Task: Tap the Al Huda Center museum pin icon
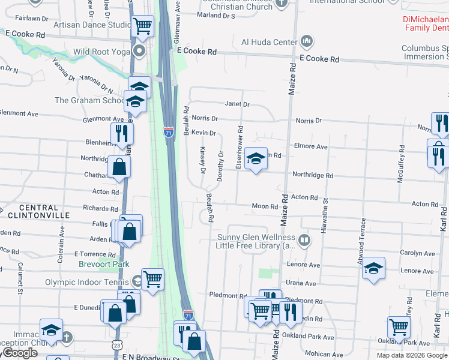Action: [307, 41]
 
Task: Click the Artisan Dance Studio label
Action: [92, 25]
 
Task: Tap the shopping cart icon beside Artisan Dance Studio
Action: [143, 26]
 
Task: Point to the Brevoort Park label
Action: [104, 264]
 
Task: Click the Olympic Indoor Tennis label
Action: [86, 282]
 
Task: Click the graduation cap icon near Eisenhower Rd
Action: [256, 160]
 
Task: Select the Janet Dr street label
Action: [237, 104]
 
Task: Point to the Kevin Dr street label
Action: [203, 133]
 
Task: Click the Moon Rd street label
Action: [265, 206]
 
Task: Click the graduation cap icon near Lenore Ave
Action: [373, 268]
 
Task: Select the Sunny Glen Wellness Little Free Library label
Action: [256, 241]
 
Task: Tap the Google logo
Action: [20, 353]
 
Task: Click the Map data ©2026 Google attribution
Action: [412, 355]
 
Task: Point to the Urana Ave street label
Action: [301, 283]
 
